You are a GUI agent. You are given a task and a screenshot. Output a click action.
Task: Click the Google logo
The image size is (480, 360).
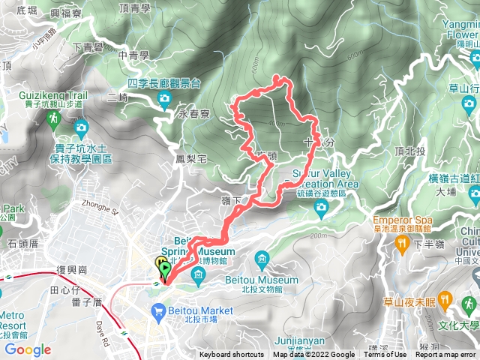(x=27, y=349)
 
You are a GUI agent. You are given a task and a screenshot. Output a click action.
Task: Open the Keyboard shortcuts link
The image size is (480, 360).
(x=231, y=355)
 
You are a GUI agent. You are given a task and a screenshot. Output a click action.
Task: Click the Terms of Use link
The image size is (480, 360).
(x=385, y=355)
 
